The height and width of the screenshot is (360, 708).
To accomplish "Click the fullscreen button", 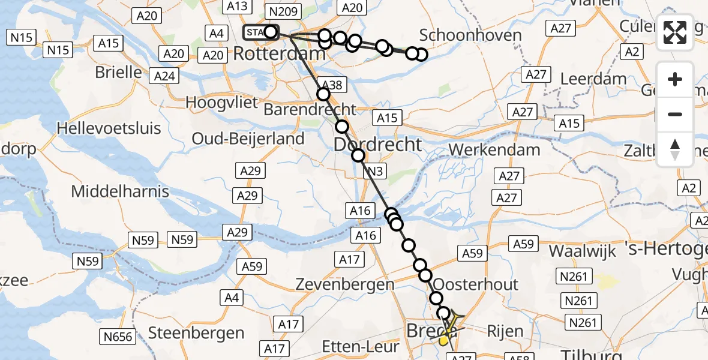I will click(x=675, y=32).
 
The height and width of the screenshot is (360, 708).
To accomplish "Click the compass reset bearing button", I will click(x=675, y=149).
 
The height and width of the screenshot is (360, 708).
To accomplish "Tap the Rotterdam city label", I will click(x=279, y=53).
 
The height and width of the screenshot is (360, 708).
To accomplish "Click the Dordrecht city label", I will click(x=377, y=145).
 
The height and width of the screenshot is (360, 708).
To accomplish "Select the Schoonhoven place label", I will click(x=470, y=35).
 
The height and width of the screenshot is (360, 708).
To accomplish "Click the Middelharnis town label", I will click(x=120, y=192).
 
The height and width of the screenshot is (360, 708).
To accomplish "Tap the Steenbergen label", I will click(x=196, y=332).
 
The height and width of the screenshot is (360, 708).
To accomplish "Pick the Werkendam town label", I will click(x=494, y=149).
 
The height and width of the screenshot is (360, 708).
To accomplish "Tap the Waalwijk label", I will click(x=583, y=250).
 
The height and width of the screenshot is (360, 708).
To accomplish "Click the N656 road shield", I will click(x=118, y=337).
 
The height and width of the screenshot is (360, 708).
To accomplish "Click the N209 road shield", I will click(x=283, y=11).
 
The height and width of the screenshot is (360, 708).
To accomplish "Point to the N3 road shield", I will click(x=374, y=172).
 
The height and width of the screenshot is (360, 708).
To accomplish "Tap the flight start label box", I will click(x=254, y=32).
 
